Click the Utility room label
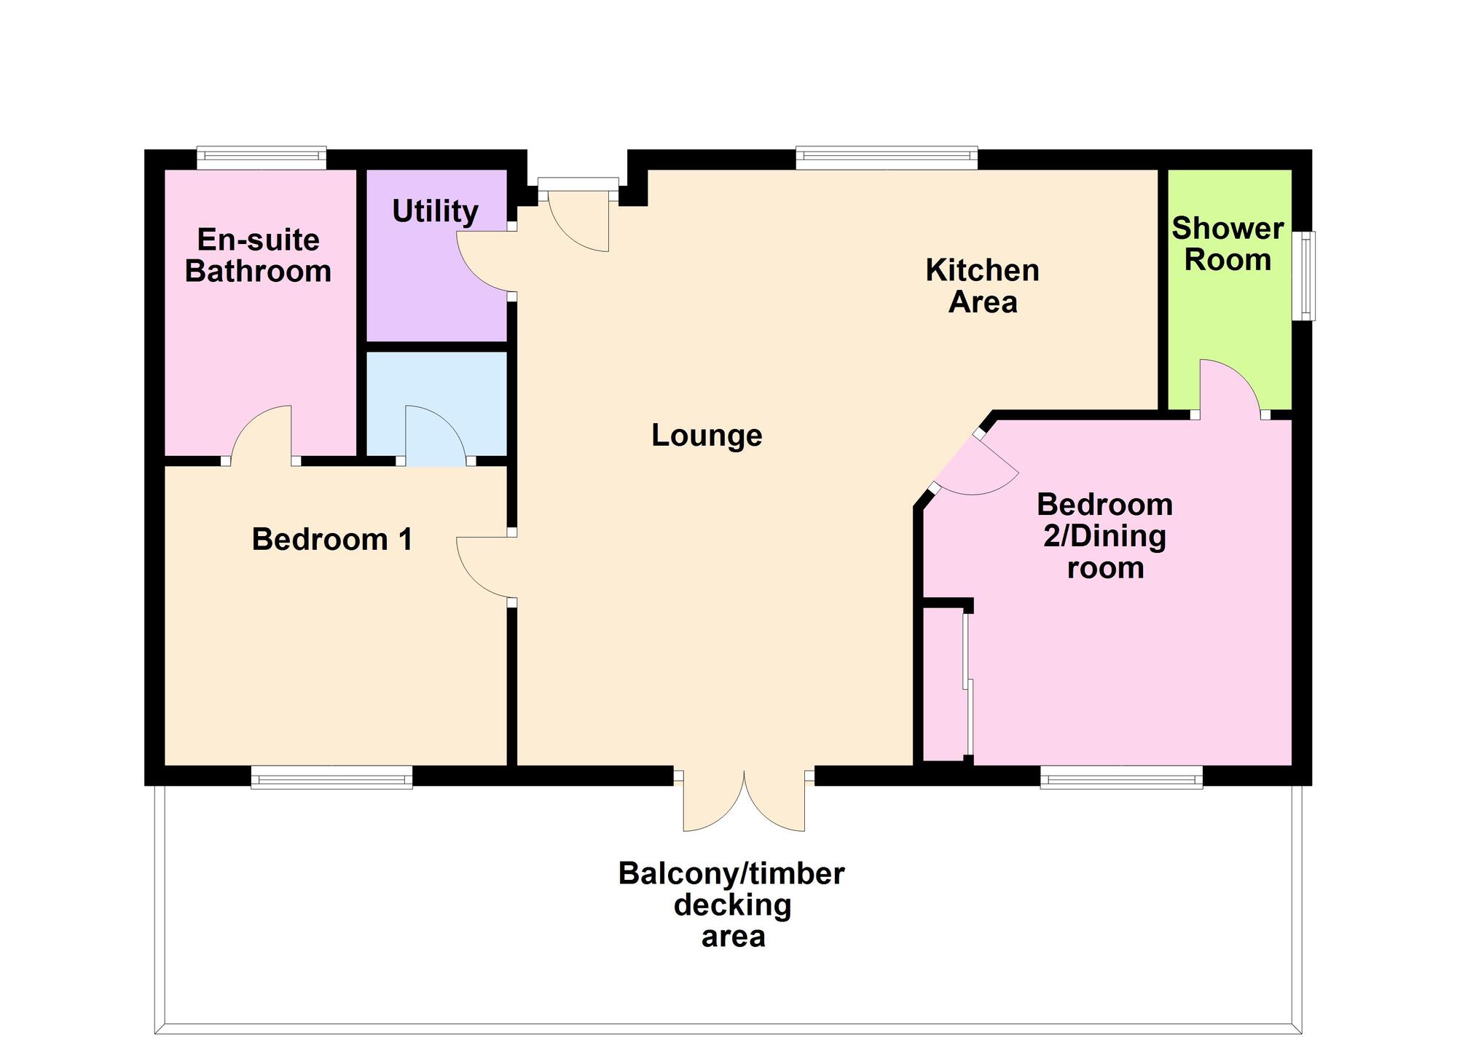click(x=435, y=211)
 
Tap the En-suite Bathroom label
click(x=258, y=256)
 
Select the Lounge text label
click(x=706, y=436)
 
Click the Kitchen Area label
click(x=982, y=286)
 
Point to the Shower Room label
click(x=1228, y=244)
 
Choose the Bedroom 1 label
click(x=332, y=540)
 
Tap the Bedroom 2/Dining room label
click(x=1105, y=536)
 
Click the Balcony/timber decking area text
click(x=731, y=905)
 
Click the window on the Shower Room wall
click(x=1308, y=275)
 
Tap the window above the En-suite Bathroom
click(x=262, y=157)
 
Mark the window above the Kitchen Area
click(x=886, y=157)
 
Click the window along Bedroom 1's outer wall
click(x=331, y=777)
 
